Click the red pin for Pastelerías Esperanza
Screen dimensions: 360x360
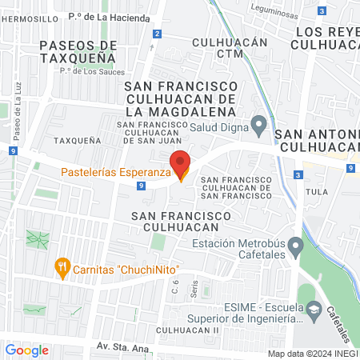(181, 164)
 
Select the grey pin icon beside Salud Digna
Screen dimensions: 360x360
(258, 125)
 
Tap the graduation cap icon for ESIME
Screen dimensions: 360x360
(314, 309)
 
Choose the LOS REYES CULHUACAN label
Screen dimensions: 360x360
(327, 38)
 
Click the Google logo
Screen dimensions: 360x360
(26, 350)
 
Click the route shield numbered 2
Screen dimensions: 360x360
(157, 34)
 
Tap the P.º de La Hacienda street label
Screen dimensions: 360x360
(109, 17)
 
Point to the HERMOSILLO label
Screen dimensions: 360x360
(29, 17)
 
